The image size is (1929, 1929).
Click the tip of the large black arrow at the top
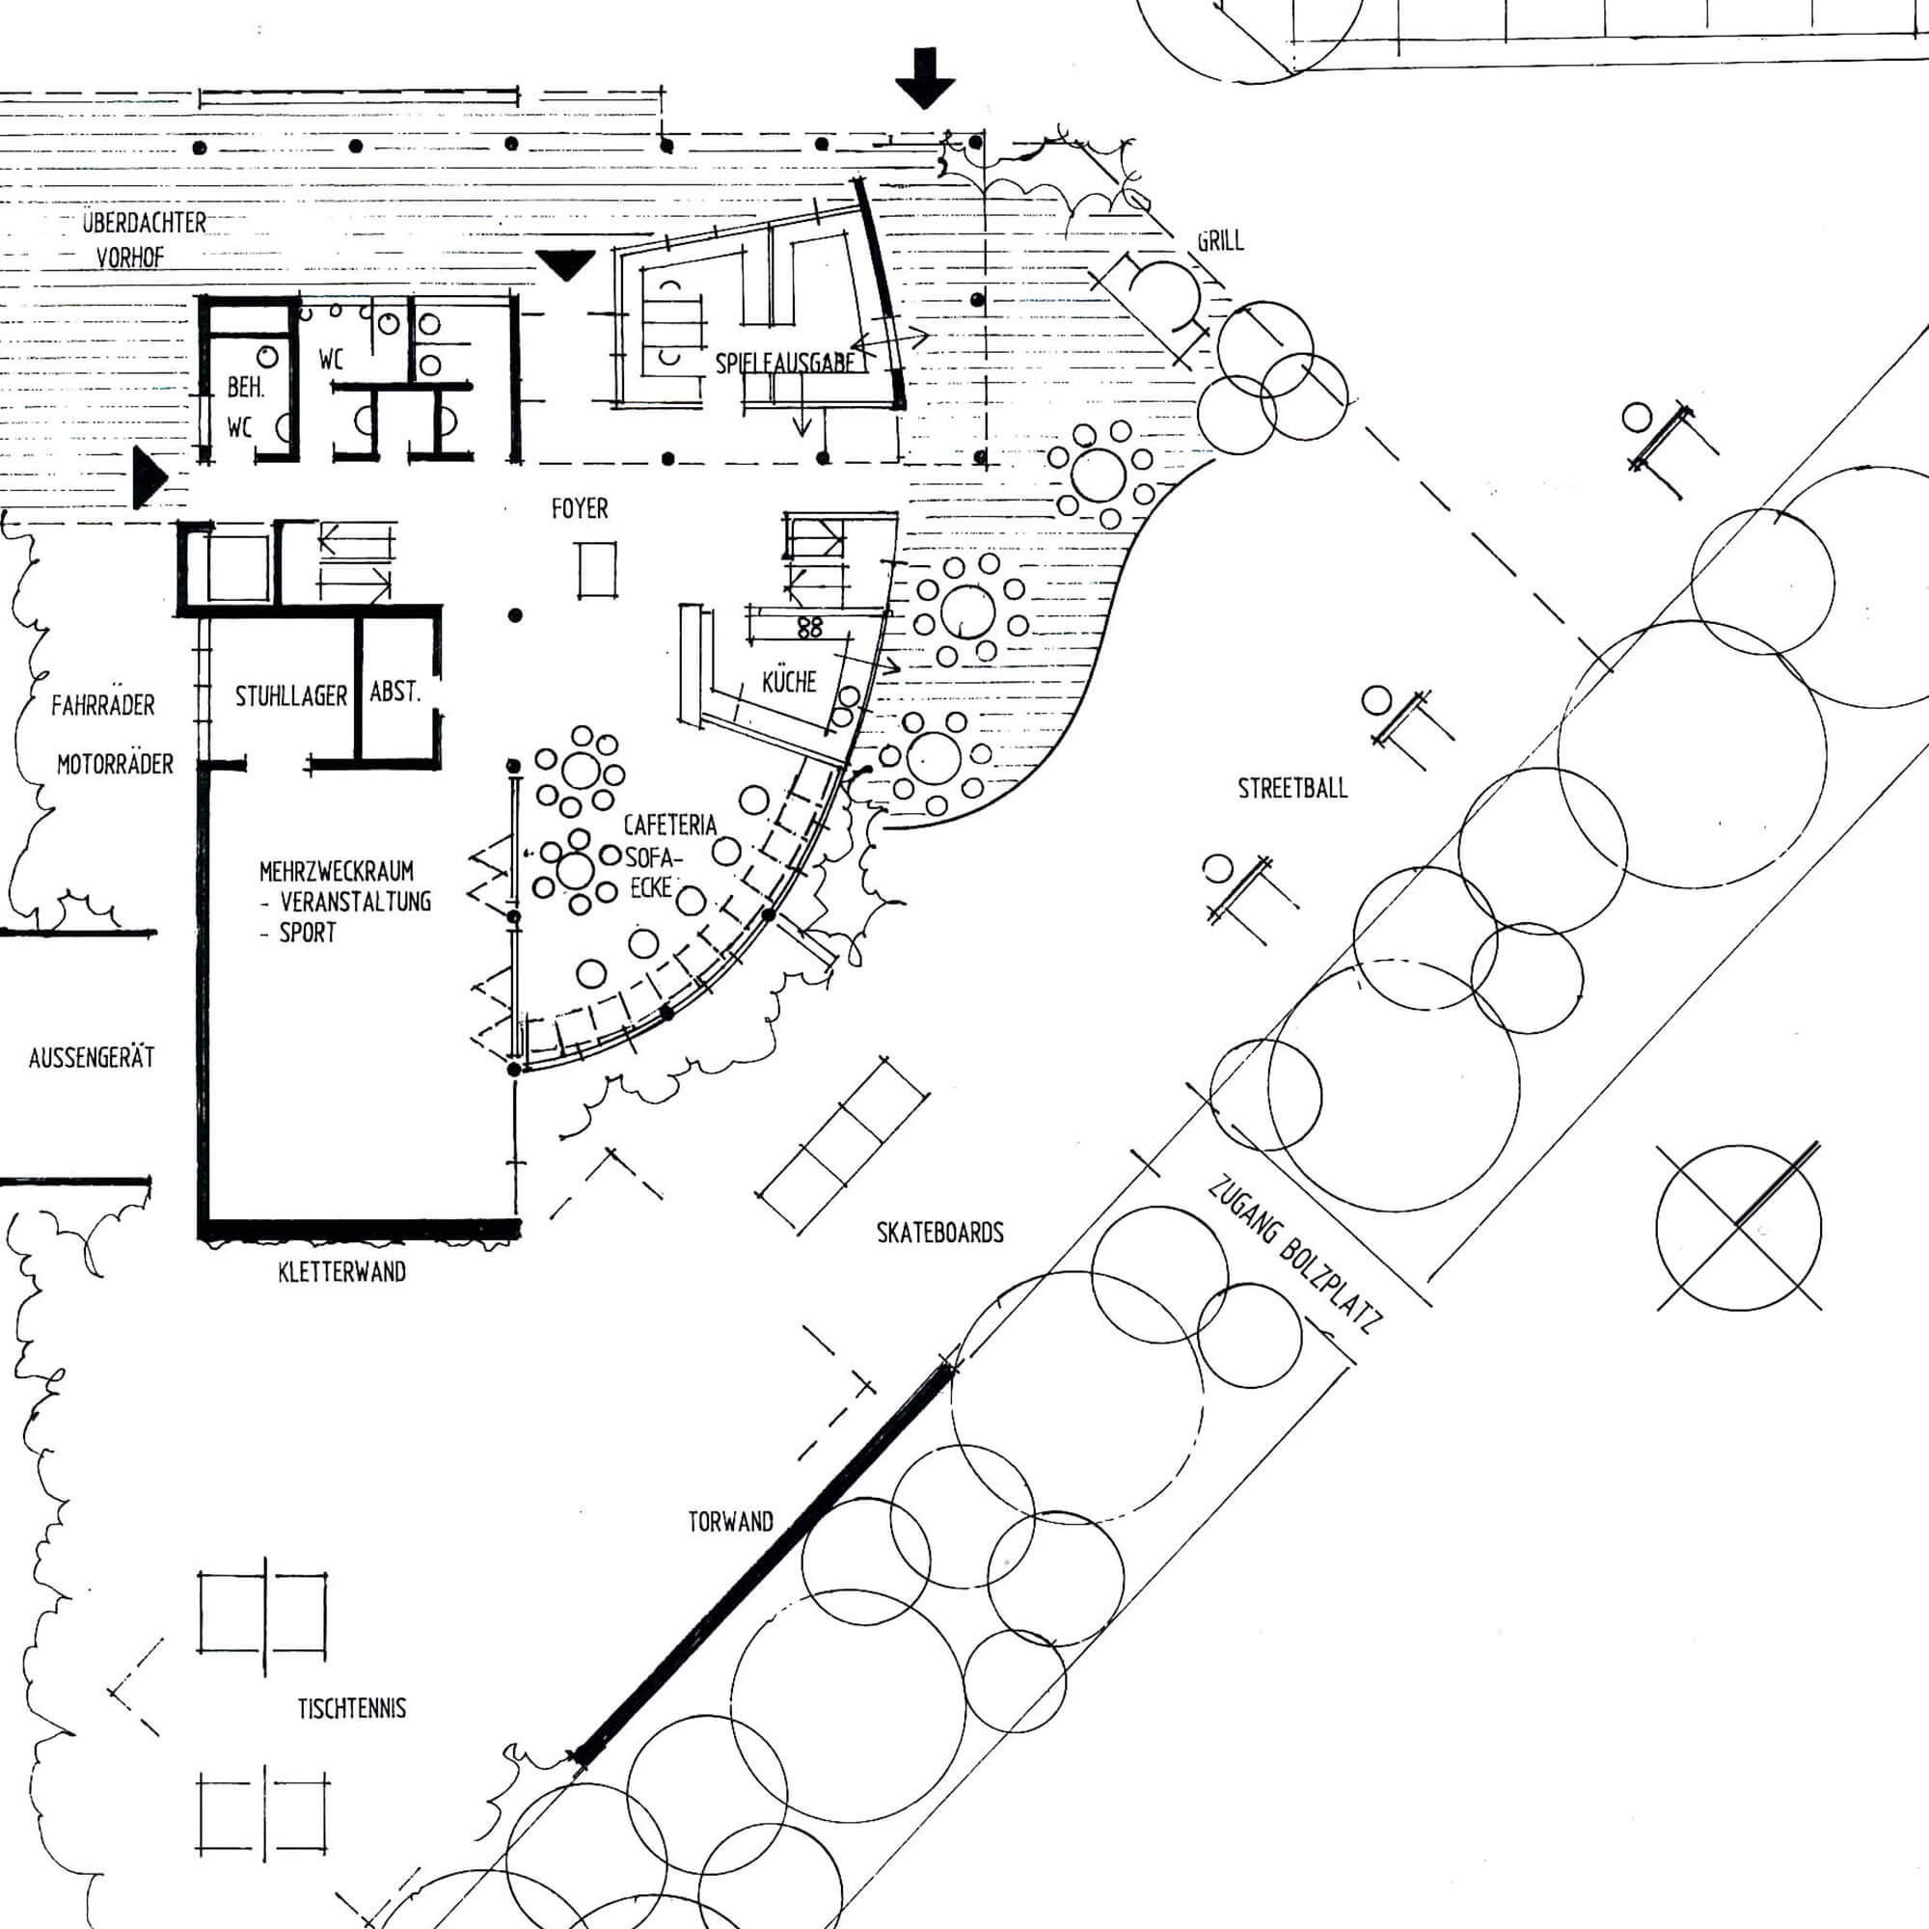click(925, 108)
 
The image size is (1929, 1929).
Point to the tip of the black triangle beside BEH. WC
click(168, 478)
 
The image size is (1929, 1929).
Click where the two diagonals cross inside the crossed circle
click(1738, 1227)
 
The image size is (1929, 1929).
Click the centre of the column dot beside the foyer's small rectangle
click(515, 615)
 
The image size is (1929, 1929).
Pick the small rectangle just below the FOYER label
click(597, 569)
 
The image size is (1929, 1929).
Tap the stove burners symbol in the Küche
click(810, 626)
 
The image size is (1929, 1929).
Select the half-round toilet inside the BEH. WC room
click(285, 427)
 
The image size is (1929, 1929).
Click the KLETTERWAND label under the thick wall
click(342, 1272)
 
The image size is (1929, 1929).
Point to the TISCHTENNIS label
click(351, 1708)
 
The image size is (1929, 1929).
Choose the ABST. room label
click(395, 691)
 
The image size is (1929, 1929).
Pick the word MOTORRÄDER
click(115, 764)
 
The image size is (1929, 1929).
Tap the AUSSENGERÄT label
click(92, 1056)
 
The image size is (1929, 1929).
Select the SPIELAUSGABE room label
click(786, 363)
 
